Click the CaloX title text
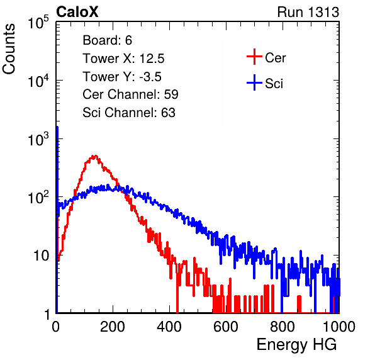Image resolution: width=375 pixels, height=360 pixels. pos(77,12)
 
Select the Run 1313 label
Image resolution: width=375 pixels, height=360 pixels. pos(308,12)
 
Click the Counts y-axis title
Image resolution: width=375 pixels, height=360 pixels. pos(9,49)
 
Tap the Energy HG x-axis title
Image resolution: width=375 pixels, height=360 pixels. pos(296,344)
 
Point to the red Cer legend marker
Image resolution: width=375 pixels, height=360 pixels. pos(254,57)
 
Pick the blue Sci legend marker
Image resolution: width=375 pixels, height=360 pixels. pos(254,82)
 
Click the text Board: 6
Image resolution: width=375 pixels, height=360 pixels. pos(107,40)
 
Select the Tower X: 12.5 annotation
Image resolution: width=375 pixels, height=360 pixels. pos(123,59)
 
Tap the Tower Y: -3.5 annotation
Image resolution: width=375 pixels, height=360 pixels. pos(122,77)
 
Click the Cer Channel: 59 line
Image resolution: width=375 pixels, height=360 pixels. pos(130,94)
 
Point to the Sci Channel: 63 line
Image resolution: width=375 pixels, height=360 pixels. pos(129,113)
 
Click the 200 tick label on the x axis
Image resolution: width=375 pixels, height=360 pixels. pos(113,327)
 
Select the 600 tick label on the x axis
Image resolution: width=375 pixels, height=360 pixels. pos(226,327)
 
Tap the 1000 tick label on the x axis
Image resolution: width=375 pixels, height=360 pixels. pos(339,327)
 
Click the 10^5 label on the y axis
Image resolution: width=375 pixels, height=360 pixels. pos(38,23)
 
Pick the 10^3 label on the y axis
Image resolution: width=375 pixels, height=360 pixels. pos(38,139)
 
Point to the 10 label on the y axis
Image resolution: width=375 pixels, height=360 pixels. pos(41,256)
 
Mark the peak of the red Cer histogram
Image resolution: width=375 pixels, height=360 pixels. pos(95,156)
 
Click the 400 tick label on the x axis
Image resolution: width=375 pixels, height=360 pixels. pos(169,327)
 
